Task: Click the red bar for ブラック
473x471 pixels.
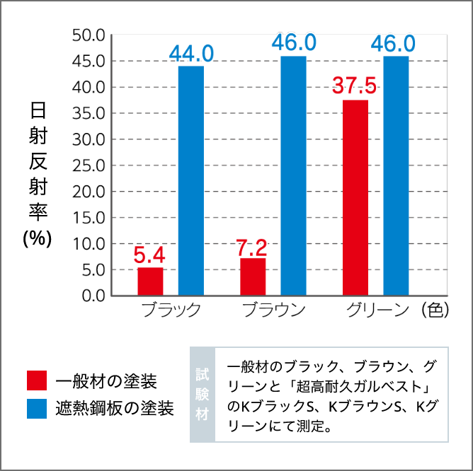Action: pyautogui.click(x=150, y=281)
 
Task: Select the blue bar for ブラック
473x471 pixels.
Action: pyautogui.click(x=191, y=180)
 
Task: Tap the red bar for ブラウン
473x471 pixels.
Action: pyautogui.click(x=253, y=277)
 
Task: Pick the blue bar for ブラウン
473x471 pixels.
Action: pyautogui.click(x=294, y=175)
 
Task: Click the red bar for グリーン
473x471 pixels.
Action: pyautogui.click(x=355, y=197)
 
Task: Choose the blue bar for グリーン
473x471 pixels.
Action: pyautogui.click(x=397, y=175)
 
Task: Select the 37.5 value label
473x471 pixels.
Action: pyautogui.click(x=355, y=86)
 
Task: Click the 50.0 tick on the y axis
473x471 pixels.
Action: pyautogui.click(x=89, y=35)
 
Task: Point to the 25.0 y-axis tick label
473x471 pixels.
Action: pyautogui.click(x=89, y=165)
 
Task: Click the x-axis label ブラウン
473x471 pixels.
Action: pyautogui.click(x=273, y=310)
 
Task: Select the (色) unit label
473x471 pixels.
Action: pyautogui.click(x=433, y=310)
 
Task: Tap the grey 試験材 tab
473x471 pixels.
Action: pyautogui.click(x=203, y=394)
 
